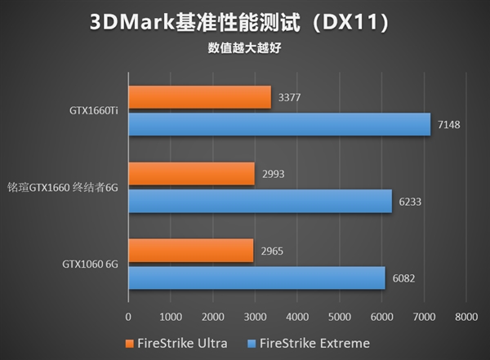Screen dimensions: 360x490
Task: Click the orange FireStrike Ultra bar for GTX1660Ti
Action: [x=199, y=97]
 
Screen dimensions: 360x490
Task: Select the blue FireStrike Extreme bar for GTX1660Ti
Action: [x=279, y=124]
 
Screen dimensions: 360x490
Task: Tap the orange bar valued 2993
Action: [x=191, y=174]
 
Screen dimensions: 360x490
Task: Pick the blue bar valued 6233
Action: [x=260, y=201]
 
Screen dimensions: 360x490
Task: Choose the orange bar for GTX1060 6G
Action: [x=190, y=251]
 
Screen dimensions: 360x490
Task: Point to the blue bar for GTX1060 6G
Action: [x=256, y=278]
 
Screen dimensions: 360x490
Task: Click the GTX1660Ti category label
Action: [x=94, y=111]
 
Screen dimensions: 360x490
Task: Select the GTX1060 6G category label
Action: [x=90, y=264]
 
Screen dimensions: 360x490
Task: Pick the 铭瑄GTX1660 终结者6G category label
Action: [x=64, y=188]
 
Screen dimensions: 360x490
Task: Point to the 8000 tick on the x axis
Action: [x=465, y=316]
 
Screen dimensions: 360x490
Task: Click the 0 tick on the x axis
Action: [x=128, y=316]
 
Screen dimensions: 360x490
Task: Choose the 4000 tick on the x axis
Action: [x=297, y=316]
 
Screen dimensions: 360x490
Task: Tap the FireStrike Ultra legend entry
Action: [x=176, y=342]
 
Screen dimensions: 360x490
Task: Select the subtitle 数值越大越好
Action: [x=244, y=47]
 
